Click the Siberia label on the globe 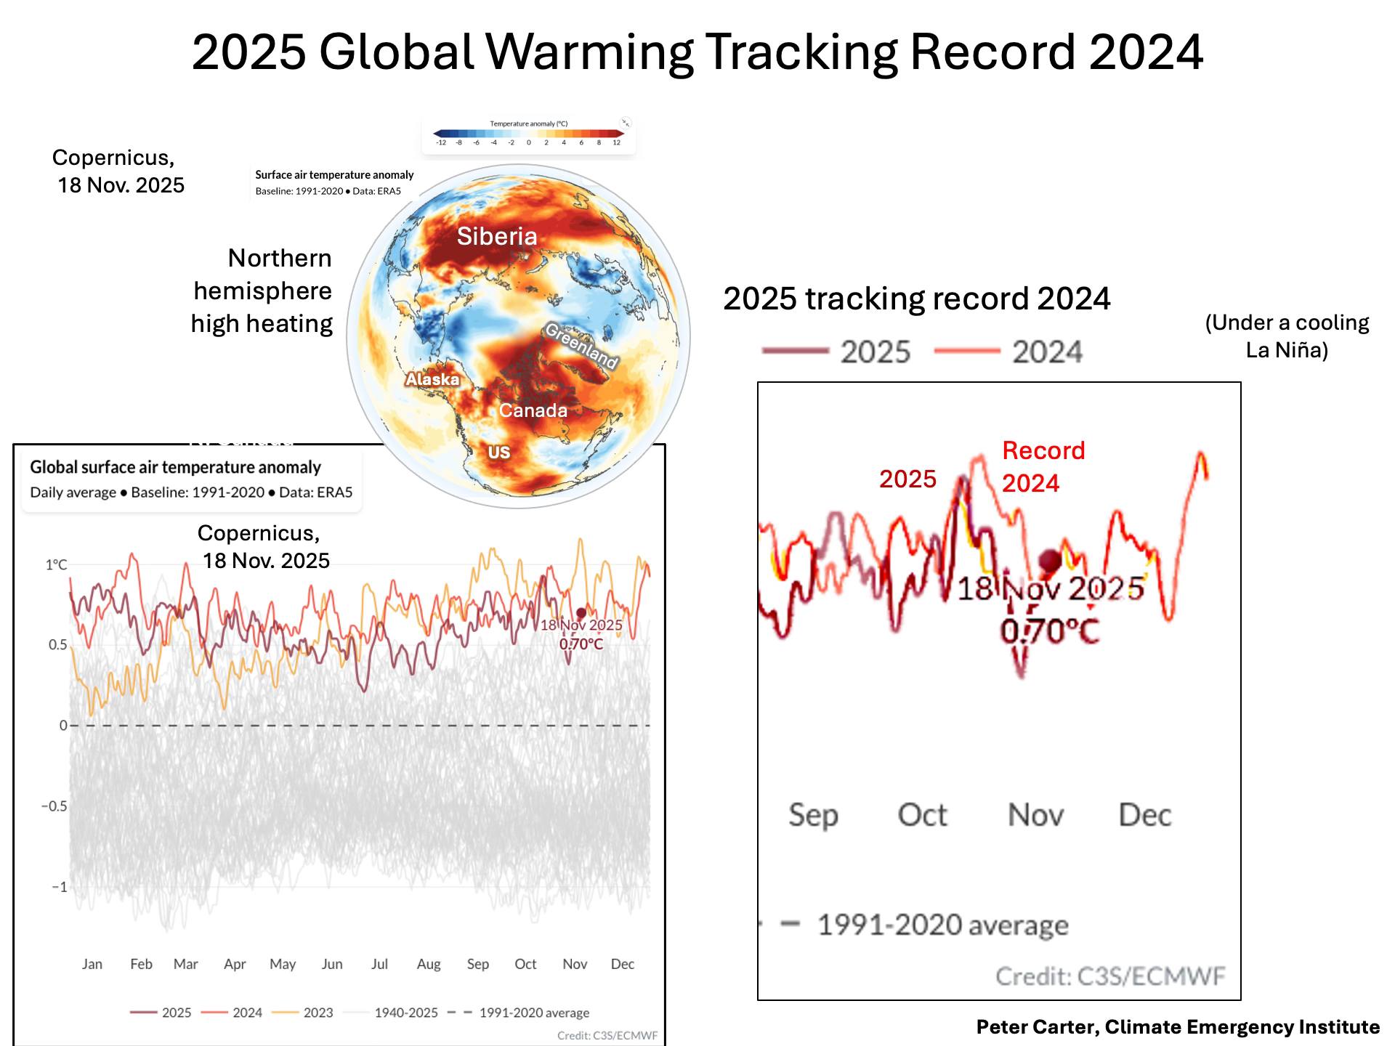coord(497,236)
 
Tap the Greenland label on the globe coord(581,345)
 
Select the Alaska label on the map coord(432,379)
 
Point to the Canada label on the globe coord(533,410)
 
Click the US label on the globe coord(498,452)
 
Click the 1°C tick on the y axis coord(56,564)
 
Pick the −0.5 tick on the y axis coord(54,806)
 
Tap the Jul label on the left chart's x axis coord(379,964)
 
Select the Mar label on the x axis coord(185,964)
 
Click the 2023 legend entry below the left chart coord(318,1013)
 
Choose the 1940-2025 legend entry coord(405,1013)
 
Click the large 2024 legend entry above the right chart coord(1047,352)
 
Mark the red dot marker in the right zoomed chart coord(1050,560)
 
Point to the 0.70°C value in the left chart coord(581,644)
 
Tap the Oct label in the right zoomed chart coord(922,815)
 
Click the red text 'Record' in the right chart coord(1043,450)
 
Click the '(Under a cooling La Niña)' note coord(1287,336)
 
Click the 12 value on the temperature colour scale coord(616,142)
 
